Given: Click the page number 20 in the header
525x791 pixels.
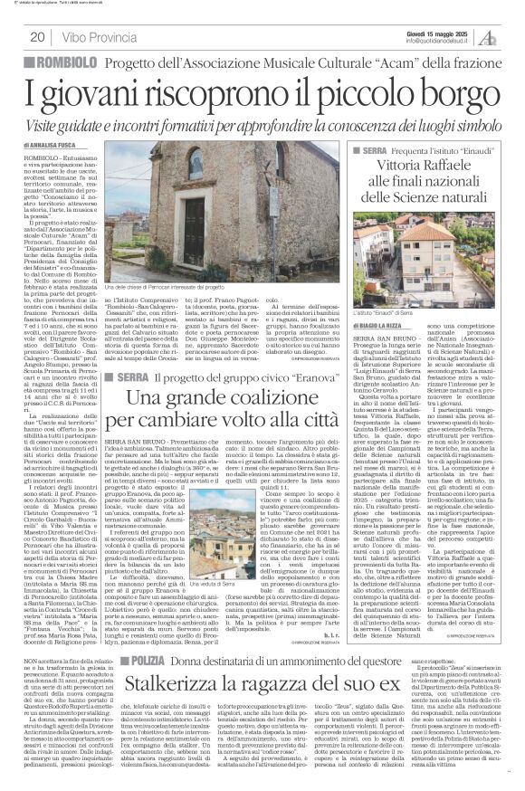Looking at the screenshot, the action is (x=37, y=37).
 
